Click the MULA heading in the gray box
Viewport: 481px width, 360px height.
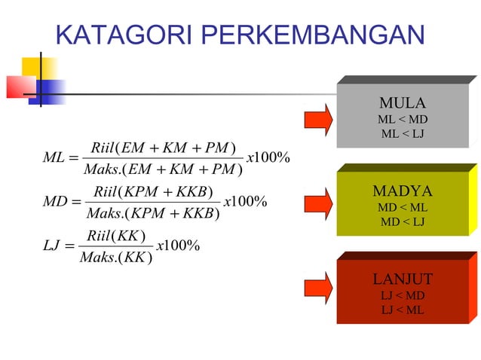point(403,103)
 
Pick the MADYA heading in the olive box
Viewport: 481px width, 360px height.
point(403,191)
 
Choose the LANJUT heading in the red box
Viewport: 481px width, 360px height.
point(403,279)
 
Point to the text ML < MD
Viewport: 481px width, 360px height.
point(403,120)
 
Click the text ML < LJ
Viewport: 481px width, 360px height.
point(403,134)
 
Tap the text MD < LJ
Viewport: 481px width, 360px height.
point(403,221)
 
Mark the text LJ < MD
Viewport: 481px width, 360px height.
point(403,295)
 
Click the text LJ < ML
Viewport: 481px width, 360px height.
point(403,310)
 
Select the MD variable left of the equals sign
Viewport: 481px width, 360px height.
point(55,202)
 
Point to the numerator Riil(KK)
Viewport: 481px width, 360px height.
point(117,234)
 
